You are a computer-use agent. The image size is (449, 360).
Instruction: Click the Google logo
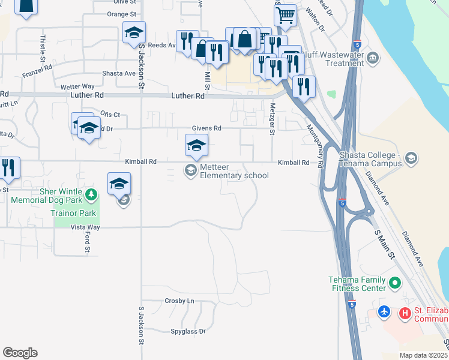point(20,353)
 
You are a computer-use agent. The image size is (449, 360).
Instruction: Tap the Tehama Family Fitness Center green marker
point(394,282)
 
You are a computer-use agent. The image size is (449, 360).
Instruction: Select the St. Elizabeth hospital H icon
point(405,313)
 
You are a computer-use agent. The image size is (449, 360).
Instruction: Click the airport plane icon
point(385,313)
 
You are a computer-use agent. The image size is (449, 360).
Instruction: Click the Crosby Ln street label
point(179,301)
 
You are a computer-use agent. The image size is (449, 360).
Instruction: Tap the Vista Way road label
point(85,227)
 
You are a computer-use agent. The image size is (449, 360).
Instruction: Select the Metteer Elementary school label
point(234,171)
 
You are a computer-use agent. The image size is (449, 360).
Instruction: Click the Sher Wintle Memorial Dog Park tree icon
point(91,194)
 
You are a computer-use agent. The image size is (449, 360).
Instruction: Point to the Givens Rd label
point(206,128)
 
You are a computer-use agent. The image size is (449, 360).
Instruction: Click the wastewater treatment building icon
point(373,58)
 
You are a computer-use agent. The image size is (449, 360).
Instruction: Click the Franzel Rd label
point(37,72)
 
